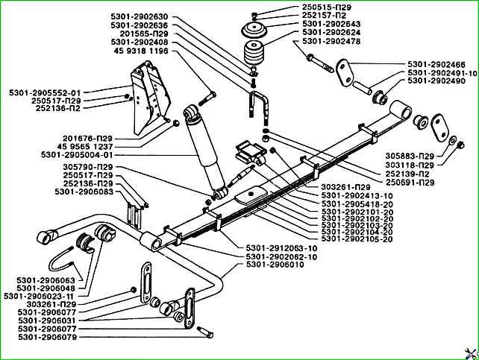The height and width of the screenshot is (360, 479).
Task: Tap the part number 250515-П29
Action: click(x=305, y=7)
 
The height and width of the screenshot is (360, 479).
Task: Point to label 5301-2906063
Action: click(x=46, y=280)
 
